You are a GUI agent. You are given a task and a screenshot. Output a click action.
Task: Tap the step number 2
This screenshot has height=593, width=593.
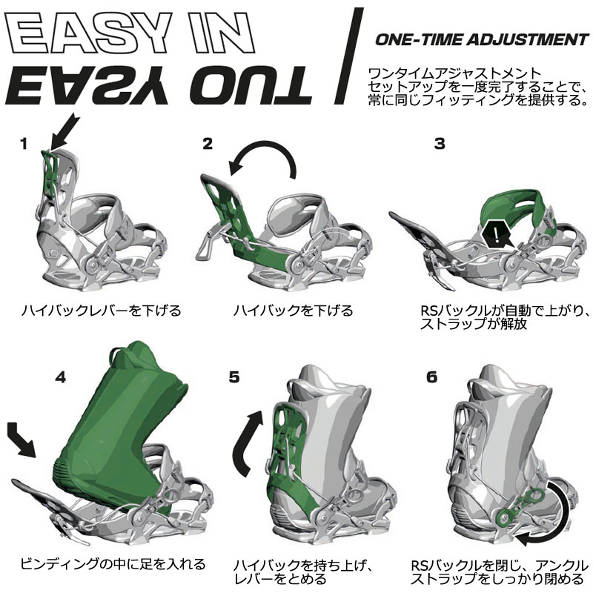(x=208, y=143)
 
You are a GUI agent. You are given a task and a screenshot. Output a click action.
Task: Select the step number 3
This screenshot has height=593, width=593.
(x=440, y=144)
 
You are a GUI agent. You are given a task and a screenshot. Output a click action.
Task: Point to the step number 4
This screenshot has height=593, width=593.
(x=61, y=376)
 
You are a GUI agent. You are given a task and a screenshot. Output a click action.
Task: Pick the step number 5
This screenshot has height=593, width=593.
(x=233, y=377)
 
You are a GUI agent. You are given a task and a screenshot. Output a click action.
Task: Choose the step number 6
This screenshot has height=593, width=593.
(x=432, y=377)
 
